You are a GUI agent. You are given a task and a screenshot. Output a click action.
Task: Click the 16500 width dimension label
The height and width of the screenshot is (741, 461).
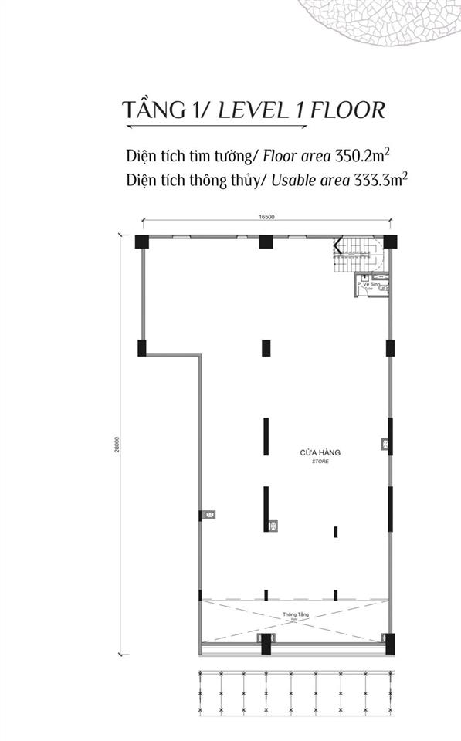[x=267, y=218]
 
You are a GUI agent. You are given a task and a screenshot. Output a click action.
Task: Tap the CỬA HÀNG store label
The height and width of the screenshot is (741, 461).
[x=320, y=453]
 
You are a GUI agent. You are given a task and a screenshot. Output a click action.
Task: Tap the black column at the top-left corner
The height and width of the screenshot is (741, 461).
[x=142, y=241]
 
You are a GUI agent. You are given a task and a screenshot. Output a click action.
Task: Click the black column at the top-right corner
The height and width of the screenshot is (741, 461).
[x=389, y=241]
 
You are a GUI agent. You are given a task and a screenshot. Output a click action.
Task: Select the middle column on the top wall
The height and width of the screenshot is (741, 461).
[x=266, y=241]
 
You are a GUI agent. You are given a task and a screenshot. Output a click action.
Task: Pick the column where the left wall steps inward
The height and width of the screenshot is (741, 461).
[x=142, y=348]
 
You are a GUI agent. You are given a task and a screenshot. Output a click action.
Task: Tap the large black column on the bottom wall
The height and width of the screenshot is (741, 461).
[x=266, y=642]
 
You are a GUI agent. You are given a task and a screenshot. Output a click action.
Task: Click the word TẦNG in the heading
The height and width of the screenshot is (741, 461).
[x=154, y=110]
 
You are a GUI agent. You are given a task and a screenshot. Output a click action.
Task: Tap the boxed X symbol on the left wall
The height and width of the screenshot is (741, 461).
[x=208, y=514]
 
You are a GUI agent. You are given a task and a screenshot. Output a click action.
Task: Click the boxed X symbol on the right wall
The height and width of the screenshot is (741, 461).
[x=384, y=444]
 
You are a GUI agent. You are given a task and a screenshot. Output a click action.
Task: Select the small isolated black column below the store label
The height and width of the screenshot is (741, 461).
[x=336, y=531]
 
